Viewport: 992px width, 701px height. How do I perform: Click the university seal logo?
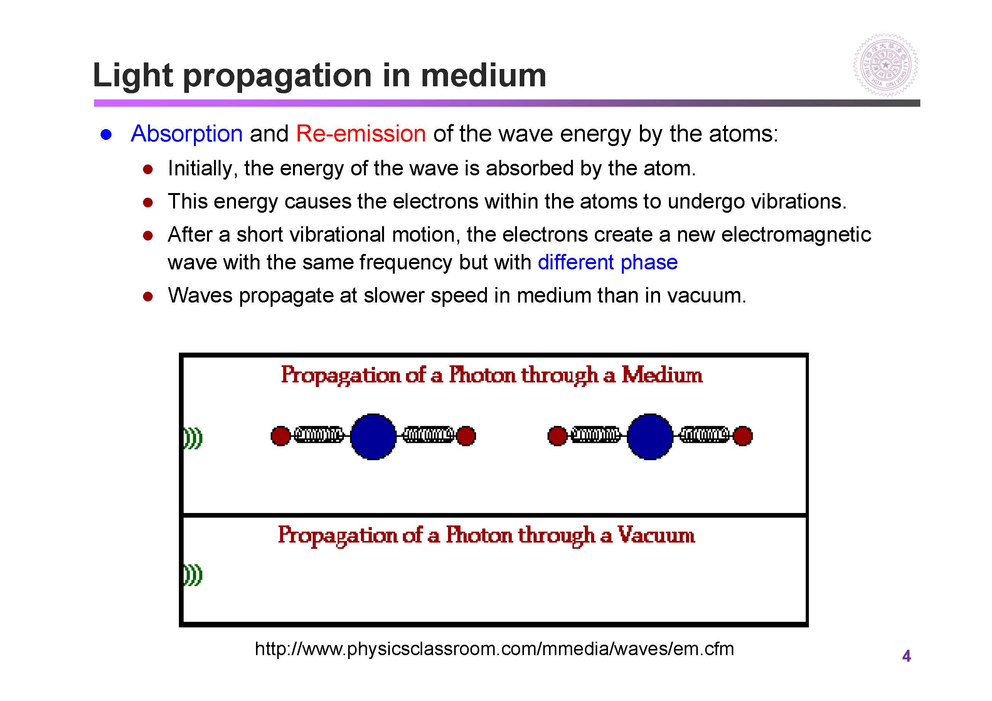pos(886,65)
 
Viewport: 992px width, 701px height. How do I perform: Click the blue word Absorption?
pos(187,133)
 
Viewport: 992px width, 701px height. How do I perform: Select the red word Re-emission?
pos(361,133)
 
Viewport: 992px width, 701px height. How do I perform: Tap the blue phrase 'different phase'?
pos(608,262)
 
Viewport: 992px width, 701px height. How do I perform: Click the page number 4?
pos(906,656)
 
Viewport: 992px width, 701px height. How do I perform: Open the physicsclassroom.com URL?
pos(494,649)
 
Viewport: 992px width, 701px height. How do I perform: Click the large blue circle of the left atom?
pos(373,436)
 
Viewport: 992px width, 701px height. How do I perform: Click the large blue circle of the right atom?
pos(650,436)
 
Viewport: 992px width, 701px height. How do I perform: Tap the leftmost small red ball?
pos(280,436)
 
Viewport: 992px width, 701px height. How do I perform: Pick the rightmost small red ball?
pos(743,436)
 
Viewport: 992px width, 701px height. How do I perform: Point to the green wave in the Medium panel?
pos(193,439)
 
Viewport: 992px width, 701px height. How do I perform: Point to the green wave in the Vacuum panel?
pos(193,575)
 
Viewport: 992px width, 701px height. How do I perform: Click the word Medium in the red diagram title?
pos(662,375)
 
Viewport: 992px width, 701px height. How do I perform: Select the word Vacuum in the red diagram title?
pos(656,535)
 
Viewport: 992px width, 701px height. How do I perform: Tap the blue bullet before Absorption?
pos(106,135)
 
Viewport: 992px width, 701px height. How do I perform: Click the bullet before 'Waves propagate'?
pos(148,297)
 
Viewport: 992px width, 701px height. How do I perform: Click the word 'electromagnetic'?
pos(796,235)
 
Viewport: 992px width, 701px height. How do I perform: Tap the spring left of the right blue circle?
pos(596,435)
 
